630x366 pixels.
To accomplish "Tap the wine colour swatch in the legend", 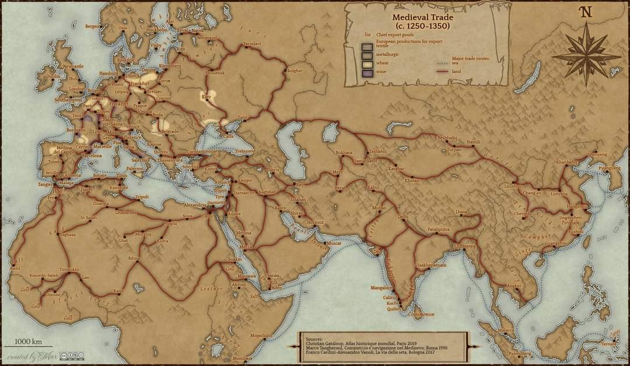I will (x=367, y=73).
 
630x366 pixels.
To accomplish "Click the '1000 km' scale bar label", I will (x=27, y=341).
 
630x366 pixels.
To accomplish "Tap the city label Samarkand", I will (x=365, y=160).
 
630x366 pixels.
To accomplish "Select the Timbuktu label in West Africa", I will (x=69, y=269).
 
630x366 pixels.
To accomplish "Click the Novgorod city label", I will (x=207, y=37).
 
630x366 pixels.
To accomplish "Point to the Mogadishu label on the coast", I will (x=261, y=335).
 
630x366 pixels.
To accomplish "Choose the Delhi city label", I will (x=403, y=216).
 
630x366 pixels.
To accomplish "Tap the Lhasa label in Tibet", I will (x=461, y=212).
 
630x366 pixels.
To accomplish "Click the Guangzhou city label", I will (x=555, y=242).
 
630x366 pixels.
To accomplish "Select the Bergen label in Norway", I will (x=92, y=26).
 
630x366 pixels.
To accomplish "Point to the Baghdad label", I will (x=267, y=192).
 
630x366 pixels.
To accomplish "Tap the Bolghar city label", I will (x=295, y=71).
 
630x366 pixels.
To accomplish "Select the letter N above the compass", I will (x=585, y=12).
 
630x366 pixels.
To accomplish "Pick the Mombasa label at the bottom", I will (x=241, y=358).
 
